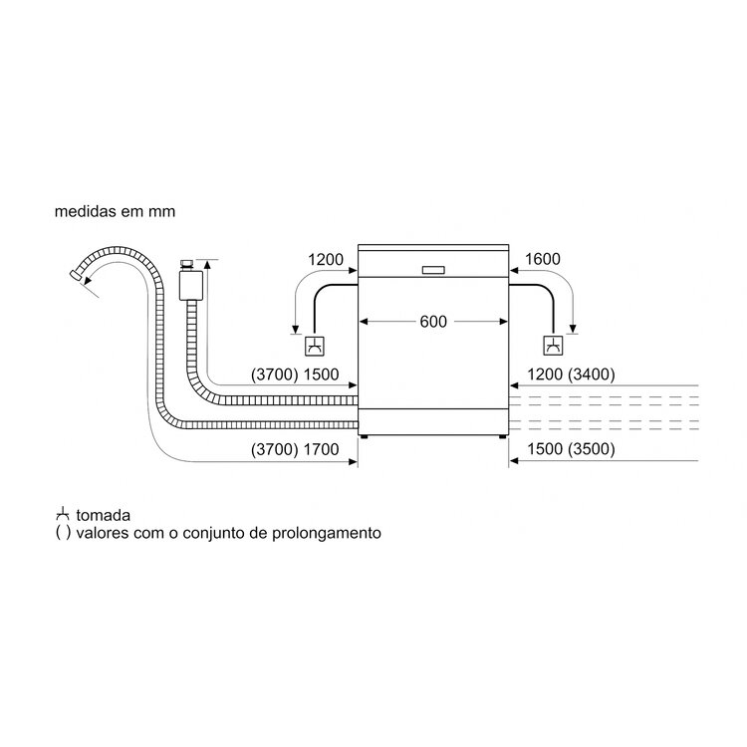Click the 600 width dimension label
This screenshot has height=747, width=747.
[x=433, y=322]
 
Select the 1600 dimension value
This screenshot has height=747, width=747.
[x=542, y=259]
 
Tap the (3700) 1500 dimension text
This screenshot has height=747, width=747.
[x=295, y=374]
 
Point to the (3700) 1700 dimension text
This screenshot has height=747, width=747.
[x=295, y=449]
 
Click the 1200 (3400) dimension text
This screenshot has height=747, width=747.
[x=571, y=374]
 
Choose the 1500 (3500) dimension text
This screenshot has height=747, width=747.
[x=571, y=449]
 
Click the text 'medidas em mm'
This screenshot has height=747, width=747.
[x=115, y=211]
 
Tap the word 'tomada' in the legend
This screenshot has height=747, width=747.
[x=103, y=516]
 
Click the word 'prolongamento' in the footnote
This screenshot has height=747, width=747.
[x=327, y=533]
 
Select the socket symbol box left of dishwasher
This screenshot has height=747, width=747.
[x=315, y=346]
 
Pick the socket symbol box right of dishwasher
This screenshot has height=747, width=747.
[x=553, y=346]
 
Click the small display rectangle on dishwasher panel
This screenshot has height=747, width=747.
[x=433, y=270]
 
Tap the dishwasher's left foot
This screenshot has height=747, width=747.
[x=364, y=436]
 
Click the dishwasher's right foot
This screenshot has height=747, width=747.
[x=503, y=436]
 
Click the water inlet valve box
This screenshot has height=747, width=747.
[x=191, y=286]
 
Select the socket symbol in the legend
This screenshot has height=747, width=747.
[x=63, y=515]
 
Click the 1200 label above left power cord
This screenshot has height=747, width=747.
[x=326, y=260]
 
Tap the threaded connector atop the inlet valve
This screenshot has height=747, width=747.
[x=186, y=265]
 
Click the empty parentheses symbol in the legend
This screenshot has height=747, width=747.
[x=63, y=533]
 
